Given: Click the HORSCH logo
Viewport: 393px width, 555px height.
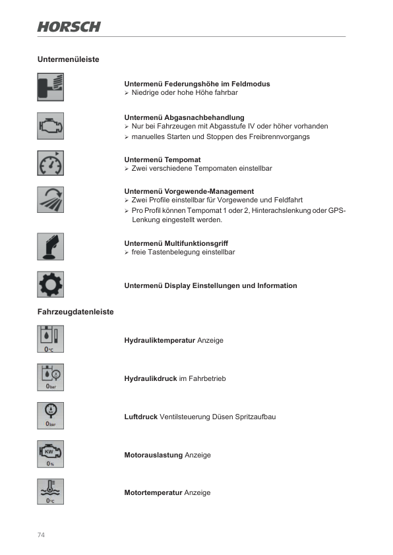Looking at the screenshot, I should click(x=69, y=26).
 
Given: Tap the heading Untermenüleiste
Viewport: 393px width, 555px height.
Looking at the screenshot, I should click(x=69, y=59).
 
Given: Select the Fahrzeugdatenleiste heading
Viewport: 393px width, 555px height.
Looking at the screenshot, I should click(x=76, y=312).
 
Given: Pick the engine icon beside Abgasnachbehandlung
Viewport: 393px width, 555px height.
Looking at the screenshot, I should click(x=51, y=125).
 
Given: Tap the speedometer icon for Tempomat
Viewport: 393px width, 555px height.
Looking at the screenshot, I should click(x=51, y=163).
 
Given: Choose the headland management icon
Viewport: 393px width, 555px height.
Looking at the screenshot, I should click(x=51, y=200).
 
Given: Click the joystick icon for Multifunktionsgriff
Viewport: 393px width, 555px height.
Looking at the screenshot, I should click(x=51, y=247).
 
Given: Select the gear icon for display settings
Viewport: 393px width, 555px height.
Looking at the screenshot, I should click(x=51, y=285).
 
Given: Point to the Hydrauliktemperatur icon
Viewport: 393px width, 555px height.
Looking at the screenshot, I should click(x=51, y=340).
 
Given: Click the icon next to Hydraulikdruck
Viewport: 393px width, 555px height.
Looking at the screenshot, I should click(x=51, y=378).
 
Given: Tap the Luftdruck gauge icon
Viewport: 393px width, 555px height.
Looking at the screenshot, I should click(x=51, y=416).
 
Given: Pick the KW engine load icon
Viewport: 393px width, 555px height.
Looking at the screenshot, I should click(x=51, y=454).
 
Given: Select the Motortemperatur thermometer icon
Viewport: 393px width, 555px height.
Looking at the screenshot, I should click(x=51, y=492).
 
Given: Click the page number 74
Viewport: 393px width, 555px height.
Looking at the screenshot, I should click(x=41, y=535).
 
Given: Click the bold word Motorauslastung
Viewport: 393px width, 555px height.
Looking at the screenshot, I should click(x=154, y=455).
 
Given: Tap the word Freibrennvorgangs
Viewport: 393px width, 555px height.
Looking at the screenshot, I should click(x=280, y=136).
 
